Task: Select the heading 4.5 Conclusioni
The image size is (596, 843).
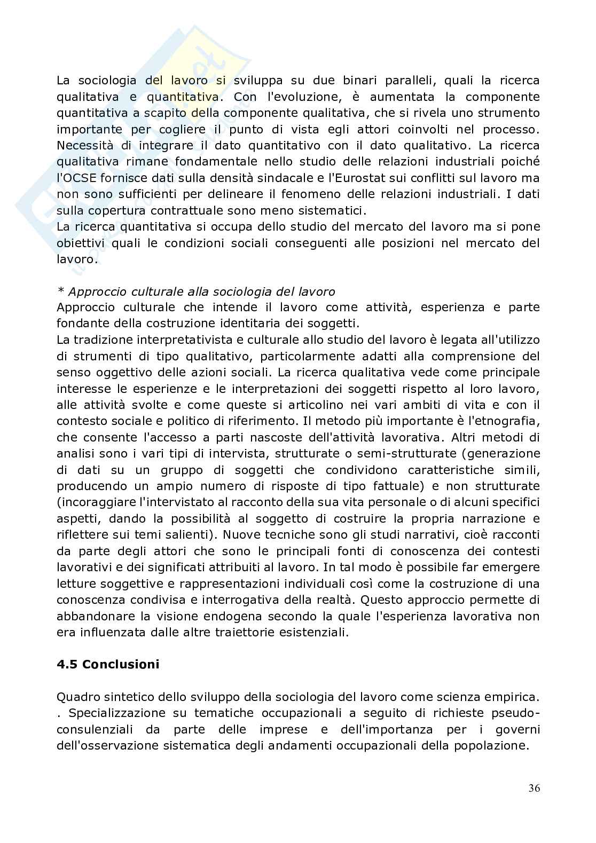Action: pos(108,664)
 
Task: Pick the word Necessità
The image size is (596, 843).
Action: pos(84,145)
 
